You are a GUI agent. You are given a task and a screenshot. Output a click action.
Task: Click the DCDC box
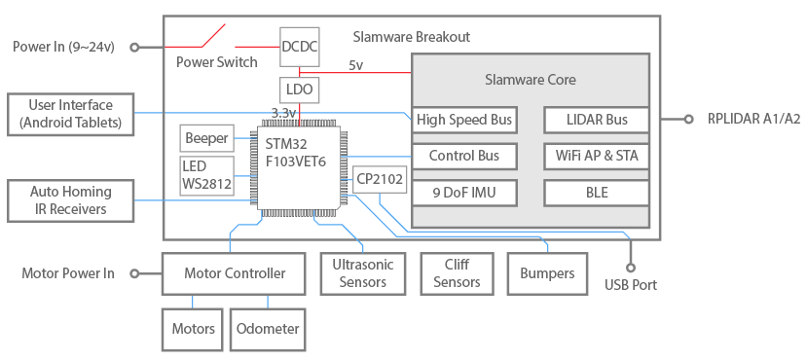coord(299,47)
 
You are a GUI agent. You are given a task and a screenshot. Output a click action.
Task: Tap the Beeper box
coord(206,138)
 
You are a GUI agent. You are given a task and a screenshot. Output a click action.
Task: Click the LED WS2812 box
coord(206,174)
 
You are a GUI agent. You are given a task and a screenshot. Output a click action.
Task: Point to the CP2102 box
coord(379,179)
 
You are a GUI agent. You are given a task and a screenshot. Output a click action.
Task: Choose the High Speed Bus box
coord(463,121)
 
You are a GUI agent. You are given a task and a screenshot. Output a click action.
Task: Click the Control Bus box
coord(463,156)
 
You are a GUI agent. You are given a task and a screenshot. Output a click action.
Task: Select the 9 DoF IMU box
coord(463,193)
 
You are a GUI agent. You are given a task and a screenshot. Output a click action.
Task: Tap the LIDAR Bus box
coord(597,121)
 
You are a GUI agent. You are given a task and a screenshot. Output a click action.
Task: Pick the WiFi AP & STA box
coord(597,156)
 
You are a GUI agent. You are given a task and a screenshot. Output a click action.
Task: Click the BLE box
coord(597,193)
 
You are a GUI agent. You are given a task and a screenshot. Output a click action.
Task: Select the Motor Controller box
coord(235,273)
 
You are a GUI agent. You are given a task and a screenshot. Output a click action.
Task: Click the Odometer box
coord(266,329)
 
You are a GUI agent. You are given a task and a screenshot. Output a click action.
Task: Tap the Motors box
coord(193,329)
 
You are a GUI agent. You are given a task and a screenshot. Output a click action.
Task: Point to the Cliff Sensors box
coord(458,273)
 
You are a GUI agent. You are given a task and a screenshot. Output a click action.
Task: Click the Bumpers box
coord(547,273)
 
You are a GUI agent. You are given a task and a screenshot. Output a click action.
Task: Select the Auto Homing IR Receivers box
coord(70,200)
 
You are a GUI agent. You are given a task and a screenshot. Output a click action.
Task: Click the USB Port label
coord(630,285)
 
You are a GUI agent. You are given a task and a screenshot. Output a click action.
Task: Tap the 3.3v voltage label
coord(283,113)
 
